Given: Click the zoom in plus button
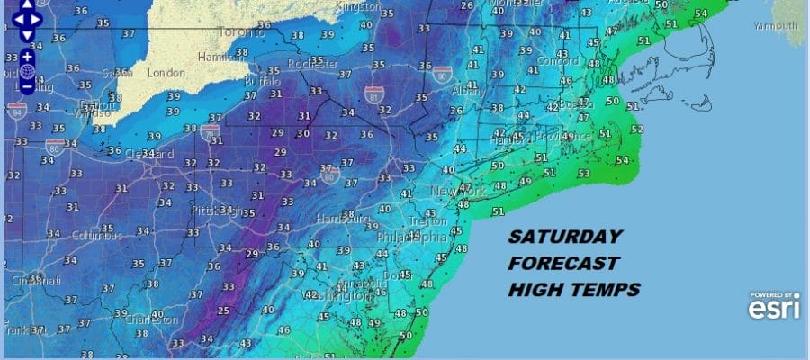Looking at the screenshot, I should (27, 57).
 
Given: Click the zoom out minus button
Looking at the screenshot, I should (27, 86).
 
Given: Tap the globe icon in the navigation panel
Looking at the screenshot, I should (27, 71).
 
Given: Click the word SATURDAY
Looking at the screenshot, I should (564, 238).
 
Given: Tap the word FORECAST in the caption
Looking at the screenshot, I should (563, 264).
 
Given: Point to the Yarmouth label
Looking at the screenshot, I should (775, 26).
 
